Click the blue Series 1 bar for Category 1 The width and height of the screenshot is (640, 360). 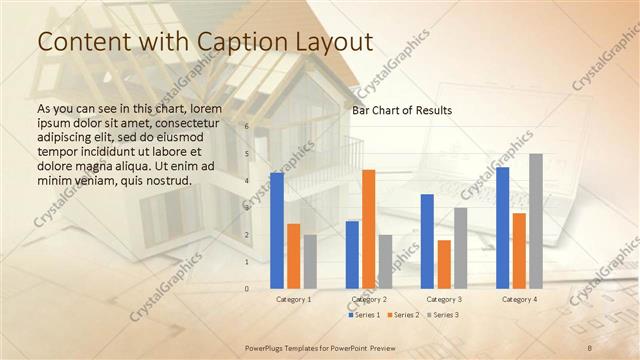[277, 230]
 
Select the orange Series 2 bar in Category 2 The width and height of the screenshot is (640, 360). [368, 229]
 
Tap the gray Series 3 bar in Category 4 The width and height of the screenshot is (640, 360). [536, 221]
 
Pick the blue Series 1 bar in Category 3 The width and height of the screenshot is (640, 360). [427, 241]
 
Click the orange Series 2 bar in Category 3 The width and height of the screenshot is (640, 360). [443, 264]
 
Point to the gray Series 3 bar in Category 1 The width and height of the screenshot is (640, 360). [310, 261]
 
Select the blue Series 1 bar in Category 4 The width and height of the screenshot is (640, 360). [502, 227]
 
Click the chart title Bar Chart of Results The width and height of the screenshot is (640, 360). [401, 110]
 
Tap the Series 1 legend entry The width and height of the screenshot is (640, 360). [365, 315]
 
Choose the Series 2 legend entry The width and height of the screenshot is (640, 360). [403, 315]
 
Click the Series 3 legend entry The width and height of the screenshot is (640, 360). [443, 315]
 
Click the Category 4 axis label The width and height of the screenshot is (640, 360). [518, 299]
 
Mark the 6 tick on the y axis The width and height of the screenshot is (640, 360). [246, 127]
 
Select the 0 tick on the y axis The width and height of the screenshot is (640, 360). [246, 289]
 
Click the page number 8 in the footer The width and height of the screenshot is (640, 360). [590, 346]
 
